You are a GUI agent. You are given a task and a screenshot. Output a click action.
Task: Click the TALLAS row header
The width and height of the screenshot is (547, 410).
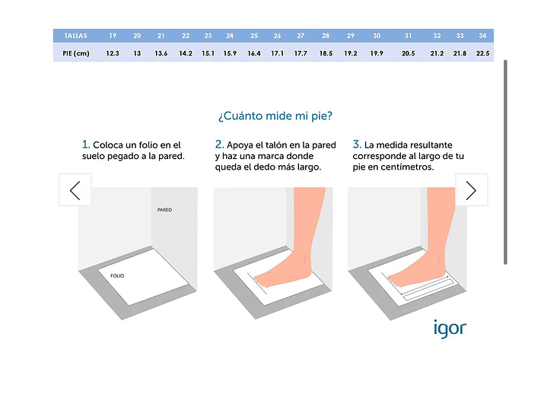(x=75, y=36)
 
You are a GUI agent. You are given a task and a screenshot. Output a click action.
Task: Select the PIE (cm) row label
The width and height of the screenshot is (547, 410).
(x=76, y=53)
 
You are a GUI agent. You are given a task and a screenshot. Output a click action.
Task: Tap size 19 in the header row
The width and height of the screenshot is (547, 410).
(x=113, y=36)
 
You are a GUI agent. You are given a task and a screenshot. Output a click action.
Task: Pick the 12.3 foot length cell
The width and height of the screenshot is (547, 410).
(x=113, y=53)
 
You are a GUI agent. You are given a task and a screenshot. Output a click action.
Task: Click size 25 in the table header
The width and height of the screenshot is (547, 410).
(x=254, y=36)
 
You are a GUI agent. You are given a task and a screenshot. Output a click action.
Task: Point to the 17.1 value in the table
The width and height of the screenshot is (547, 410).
(x=278, y=53)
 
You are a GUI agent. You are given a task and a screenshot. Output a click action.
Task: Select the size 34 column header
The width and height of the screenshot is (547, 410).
(x=482, y=36)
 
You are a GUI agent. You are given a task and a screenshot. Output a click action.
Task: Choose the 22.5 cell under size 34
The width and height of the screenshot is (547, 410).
(x=483, y=53)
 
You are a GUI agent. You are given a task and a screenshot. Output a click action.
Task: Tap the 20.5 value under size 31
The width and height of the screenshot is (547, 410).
(x=408, y=53)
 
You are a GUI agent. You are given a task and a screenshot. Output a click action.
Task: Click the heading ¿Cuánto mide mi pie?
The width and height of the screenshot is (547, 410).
(x=275, y=116)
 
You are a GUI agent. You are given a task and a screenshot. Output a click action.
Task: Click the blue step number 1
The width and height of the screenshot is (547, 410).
(x=85, y=144)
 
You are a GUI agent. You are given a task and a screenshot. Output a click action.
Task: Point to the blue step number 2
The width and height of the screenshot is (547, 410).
(x=219, y=144)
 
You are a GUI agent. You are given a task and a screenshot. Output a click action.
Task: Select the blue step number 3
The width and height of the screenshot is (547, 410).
(x=357, y=144)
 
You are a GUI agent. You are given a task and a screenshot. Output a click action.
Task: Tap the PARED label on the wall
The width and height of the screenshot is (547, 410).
(x=164, y=210)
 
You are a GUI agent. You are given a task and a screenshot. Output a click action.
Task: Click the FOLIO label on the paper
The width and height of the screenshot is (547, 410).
(x=117, y=275)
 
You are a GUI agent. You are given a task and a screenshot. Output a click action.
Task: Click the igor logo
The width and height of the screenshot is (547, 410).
(x=450, y=329)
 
